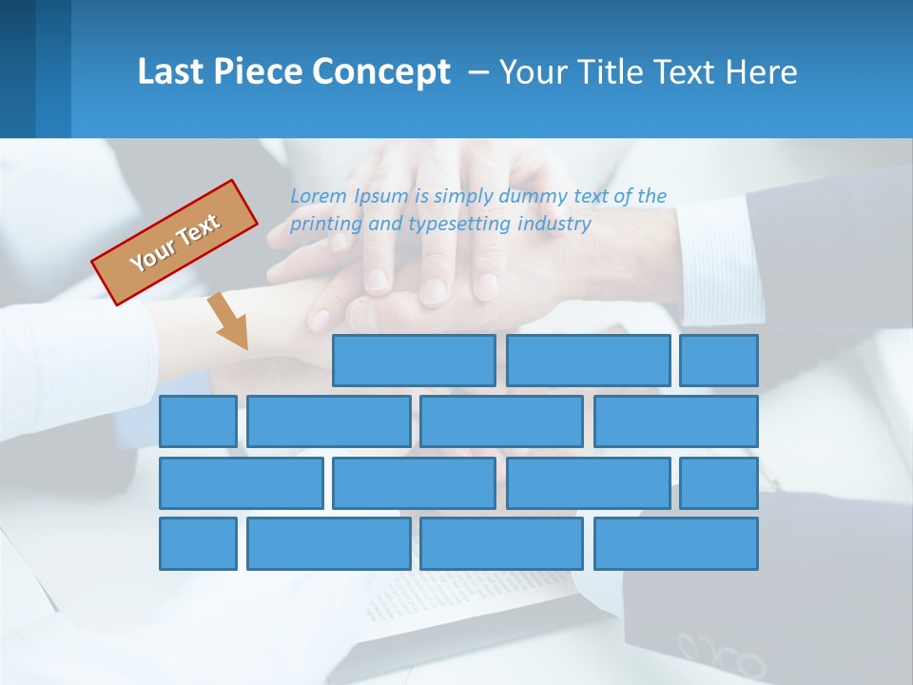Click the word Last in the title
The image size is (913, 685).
(x=169, y=71)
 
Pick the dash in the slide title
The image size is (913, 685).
(x=479, y=72)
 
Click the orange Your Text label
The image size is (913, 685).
(x=175, y=243)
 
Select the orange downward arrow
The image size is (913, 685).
(x=228, y=322)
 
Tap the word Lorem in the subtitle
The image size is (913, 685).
(x=320, y=196)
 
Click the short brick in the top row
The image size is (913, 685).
(x=719, y=361)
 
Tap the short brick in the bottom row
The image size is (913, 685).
(x=198, y=543)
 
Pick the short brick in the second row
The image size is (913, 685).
(x=198, y=421)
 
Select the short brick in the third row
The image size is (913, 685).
(x=719, y=482)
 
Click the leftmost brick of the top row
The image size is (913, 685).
(x=414, y=361)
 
